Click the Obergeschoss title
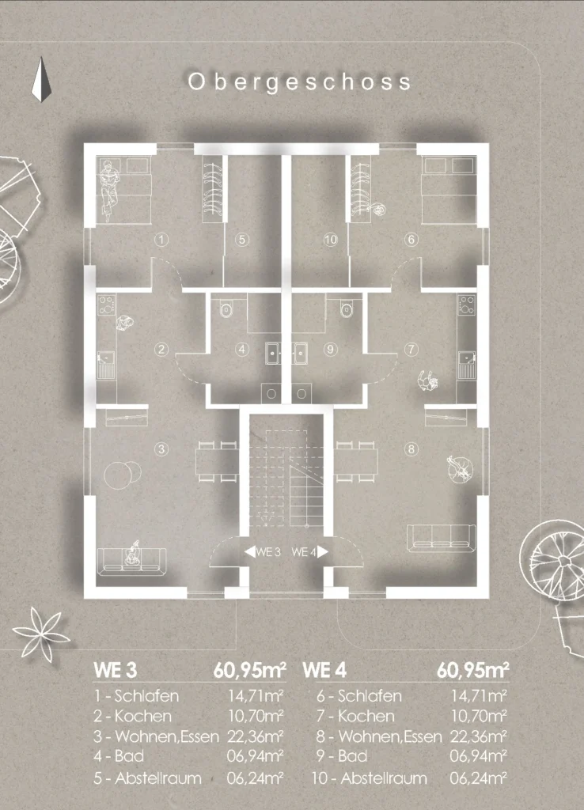[x=299, y=82]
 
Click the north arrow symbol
[x=41, y=80]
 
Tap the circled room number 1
[x=161, y=240]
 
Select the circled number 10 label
[x=330, y=240]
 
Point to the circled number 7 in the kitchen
[x=411, y=350]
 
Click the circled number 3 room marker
[x=161, y=449]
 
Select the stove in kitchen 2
[x=107, y=305]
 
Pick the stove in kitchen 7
[x=467, y=305]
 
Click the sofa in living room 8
[x=442, y=538]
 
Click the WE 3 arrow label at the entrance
[x=263, y=551]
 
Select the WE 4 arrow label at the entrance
[x=309, y=551]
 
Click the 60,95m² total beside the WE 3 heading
[x=249, y=670]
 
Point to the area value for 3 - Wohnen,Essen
[x=256, y=736]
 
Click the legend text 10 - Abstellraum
[x=369, y=778]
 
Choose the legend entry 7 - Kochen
[x=355, y=716]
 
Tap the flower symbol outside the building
[x=40, y=634]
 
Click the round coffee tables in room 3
[x=123, y=475]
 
